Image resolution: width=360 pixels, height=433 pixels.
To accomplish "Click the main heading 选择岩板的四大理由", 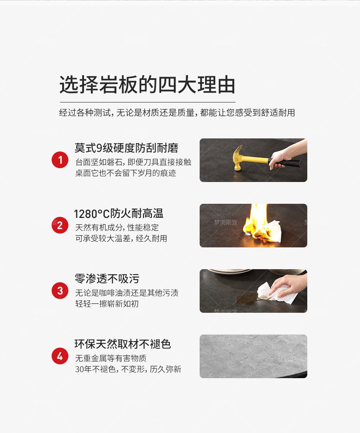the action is pyautogui.click(x=147, y=84).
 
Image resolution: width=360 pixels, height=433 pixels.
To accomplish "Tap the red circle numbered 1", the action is pyautogui.click(x=60, y=160).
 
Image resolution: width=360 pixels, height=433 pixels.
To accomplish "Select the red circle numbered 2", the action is pyautogui.click(x=60, y=225).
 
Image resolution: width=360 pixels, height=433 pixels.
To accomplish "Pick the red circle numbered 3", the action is pyautogui.click(x=60, y=291).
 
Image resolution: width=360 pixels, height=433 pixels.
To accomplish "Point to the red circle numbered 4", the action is pyautogui.click(x=60, y=356).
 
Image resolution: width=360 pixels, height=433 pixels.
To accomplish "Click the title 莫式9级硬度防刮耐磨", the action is pyautogui.click(x=126, y=148).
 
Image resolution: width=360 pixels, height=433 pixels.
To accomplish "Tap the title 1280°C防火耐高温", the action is pyautogui.click(x=119, y=214).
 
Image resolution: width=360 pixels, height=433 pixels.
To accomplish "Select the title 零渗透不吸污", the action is pyautogui.click(x=107, y=279).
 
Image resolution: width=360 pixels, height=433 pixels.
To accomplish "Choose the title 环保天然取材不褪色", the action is pyautogui.click(x=123, y=344).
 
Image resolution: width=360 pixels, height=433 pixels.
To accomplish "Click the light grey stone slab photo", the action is pyautogui.click(x=253, y=356).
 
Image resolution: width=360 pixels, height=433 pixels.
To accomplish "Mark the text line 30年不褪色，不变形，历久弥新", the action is pyautogui.click(x=128, y=369).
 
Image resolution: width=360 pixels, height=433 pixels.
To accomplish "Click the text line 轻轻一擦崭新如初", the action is pyautogui.click(x=107, y=304).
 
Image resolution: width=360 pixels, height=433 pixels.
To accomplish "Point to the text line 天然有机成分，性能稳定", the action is pyautogui.click(x=117, y=227).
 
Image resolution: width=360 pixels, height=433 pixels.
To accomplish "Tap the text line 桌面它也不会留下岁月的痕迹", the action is pyautogui.click(x=126, y=173).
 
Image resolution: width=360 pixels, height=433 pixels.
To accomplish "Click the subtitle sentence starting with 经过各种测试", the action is pyautogui.click(x=177, y=113).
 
